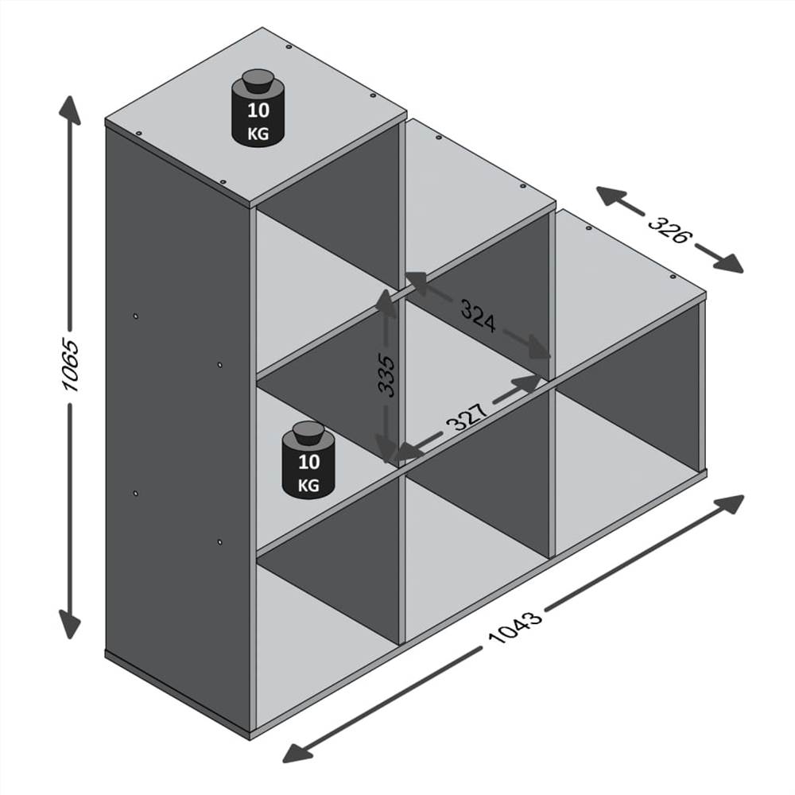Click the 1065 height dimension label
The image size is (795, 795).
point(71,366)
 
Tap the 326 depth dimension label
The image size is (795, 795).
point(670,228)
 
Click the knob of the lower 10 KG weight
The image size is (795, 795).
point(307,433)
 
